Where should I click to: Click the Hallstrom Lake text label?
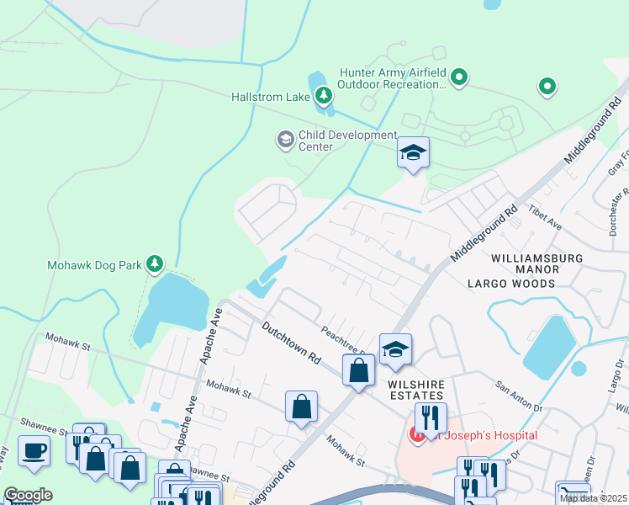271,98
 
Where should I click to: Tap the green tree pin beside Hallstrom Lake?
323,97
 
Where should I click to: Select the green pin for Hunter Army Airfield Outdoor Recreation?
459,79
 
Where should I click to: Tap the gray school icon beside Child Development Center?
286,139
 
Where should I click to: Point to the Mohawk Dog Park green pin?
154,264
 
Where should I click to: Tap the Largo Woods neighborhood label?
511,284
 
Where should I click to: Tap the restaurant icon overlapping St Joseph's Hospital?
431,418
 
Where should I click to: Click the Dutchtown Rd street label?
291,342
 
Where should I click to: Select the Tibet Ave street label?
544,220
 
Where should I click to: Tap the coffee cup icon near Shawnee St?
34,449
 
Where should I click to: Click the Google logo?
28,495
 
